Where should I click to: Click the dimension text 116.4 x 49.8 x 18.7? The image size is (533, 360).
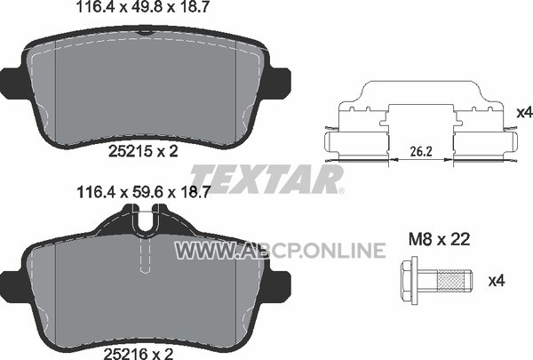click(142, 7)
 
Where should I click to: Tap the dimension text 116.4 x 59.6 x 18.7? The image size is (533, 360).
click(142, 193)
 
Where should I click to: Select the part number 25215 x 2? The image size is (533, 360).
click(143, 151)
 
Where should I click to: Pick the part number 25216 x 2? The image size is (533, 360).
click(139, 354)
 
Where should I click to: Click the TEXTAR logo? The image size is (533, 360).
click(266, 180)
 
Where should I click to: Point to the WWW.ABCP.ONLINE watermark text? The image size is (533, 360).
click(280, 251)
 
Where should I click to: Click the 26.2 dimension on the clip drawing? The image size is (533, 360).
click(421, 152)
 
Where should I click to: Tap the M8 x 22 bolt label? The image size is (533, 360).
click(439, 239)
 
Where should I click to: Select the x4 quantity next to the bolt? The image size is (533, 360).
click(497, 281)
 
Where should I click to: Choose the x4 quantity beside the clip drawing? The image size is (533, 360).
click(524, 113)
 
